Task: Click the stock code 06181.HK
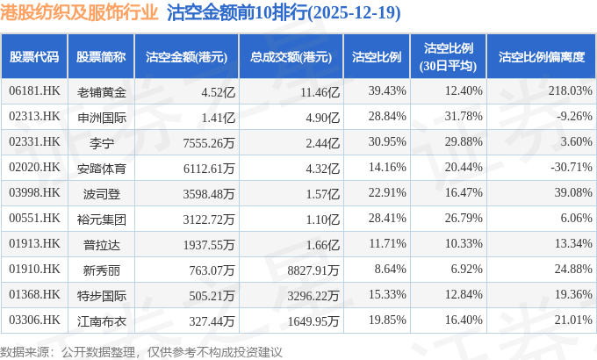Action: point(35,90)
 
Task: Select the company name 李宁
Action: point(102,141)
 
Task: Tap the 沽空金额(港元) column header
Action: point(186,56)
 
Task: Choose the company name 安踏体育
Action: point(102,167)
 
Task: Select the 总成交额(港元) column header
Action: point(291,56)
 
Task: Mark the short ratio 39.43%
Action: point(388,90)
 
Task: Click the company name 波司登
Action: point(102,192)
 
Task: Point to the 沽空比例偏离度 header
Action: point(541,56)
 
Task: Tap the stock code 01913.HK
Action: point(35,243)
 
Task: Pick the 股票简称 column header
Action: point(102,56)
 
